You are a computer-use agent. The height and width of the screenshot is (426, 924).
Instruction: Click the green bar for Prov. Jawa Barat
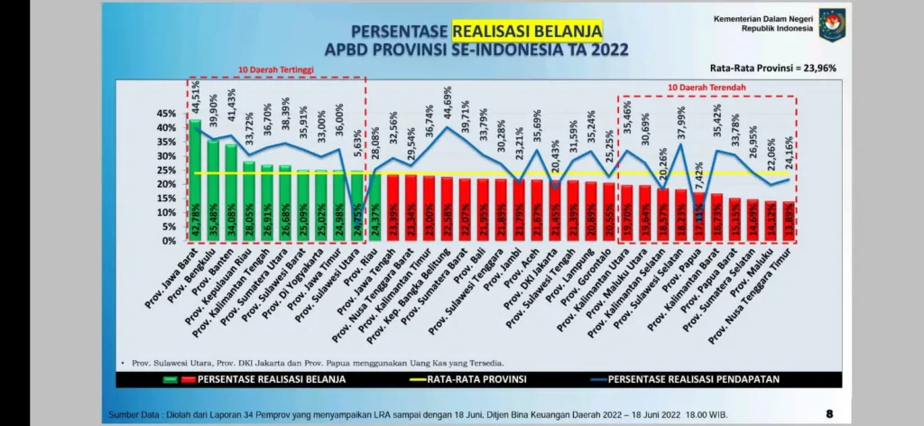click(x=195, y=181)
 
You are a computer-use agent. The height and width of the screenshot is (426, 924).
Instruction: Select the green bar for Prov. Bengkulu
click(x=213, y=190)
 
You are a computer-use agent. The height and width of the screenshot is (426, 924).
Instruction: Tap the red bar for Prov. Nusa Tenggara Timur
click(x=790, y=221)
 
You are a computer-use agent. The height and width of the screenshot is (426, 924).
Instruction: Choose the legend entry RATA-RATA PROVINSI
click(x=477, y=378)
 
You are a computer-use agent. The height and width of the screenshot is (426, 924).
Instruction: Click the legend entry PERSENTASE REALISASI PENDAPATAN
click(x=694, y=378)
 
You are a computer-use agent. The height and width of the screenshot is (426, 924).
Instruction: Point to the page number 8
click(x=829, y=414)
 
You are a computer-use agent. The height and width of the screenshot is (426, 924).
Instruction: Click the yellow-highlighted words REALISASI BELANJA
click(x=526, y=32)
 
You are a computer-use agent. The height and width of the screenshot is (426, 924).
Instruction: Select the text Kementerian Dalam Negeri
click(x=762, y=18)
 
